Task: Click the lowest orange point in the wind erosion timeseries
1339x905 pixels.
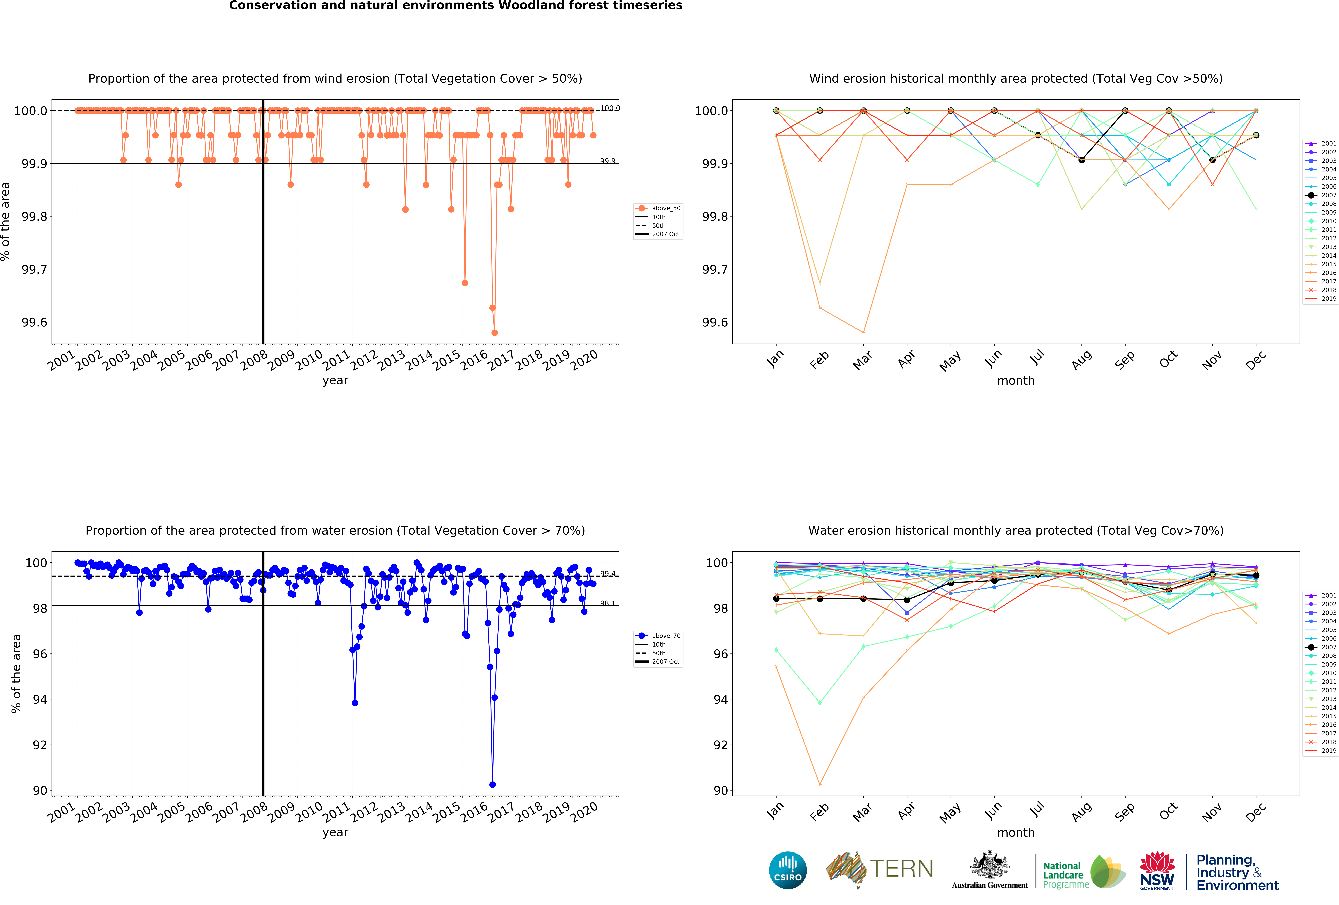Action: (x=494, y=333)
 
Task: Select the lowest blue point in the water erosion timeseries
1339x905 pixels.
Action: (x=492, y=785)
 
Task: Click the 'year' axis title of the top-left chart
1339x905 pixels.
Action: (x=335, y=380)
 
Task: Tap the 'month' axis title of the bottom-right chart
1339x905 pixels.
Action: (x=1016, y=832)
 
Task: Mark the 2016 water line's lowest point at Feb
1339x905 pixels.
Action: (x=819, y=785)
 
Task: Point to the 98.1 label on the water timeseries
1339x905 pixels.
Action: (x=607, y=603)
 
